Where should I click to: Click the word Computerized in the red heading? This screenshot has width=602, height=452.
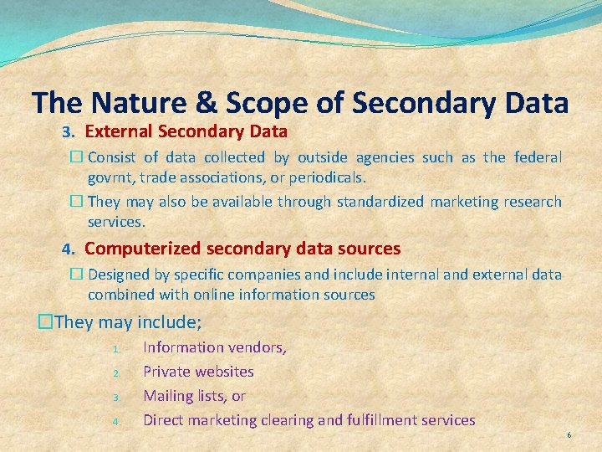coord(140,249)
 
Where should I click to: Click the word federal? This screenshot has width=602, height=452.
coord(537,157)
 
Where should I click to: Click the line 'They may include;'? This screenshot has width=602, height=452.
coord(125,322)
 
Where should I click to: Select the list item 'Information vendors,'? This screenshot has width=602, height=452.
coord(215,347)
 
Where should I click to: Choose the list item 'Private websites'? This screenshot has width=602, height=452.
coord(198,372)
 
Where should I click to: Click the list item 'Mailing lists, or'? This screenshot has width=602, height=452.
coord(194,396)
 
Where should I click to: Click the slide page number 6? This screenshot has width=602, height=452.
coord(569,435)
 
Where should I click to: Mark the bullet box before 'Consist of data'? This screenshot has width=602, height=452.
coord(76,157)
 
